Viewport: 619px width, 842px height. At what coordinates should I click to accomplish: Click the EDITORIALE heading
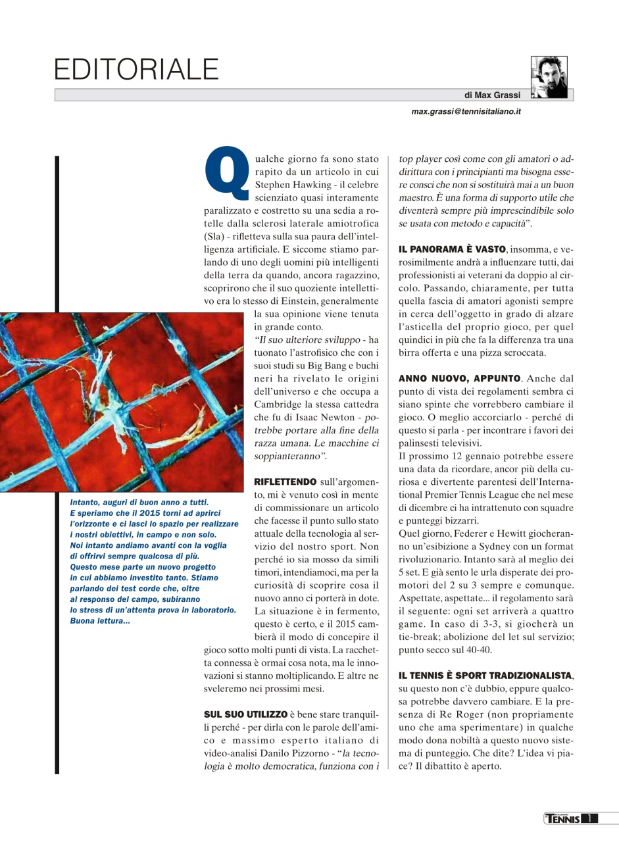(136, 69)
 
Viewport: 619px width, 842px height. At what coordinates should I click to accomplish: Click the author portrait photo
(549, 78)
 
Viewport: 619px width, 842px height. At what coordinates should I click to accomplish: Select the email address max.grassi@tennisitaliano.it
(466, 112)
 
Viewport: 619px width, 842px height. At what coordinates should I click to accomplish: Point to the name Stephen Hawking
(289, 184)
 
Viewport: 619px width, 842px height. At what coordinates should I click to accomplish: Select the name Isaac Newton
(324, 418)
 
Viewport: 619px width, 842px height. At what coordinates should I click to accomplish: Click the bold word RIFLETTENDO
(285, 482)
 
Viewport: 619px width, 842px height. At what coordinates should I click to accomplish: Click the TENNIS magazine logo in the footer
(563, 818)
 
